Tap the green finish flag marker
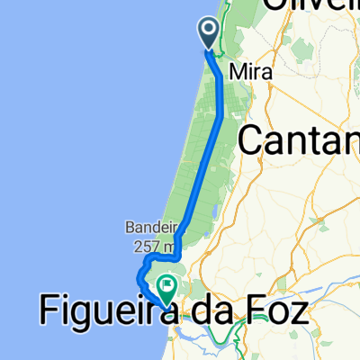[x=166, y=288]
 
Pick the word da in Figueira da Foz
[x=207, y=312]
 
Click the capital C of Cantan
[x=251, y=139]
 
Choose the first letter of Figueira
[x=48, y=312]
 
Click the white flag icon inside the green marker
[x=166, y=286]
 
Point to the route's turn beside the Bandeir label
[x=178, y=238]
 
